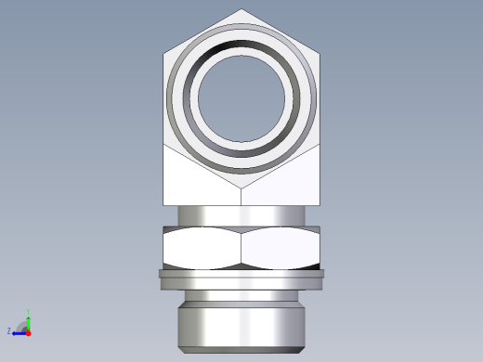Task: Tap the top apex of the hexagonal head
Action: (x=242, y=10)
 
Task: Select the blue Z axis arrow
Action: (x=18, y=331)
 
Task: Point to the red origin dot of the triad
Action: (x=28, y=331)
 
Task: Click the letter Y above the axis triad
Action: (x=28, y=312)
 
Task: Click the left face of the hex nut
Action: (x=202, y=248)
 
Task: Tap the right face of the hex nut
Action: (x=281, y=248)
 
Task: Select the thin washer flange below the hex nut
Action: (x=242, y=274)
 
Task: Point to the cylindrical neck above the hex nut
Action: (x=242, y=213)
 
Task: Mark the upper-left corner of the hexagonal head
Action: (x=164, y=54)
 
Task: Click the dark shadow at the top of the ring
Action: (x=242, y=37)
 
